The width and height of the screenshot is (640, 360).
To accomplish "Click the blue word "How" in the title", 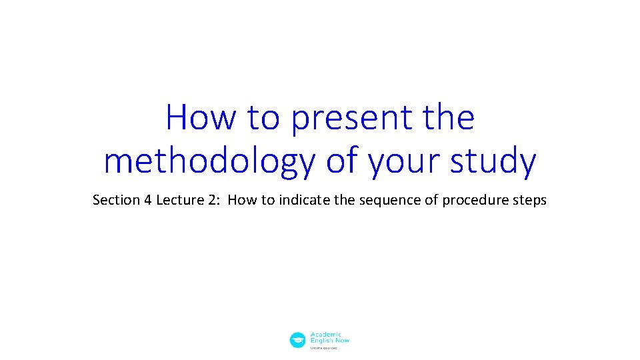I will pyautogui.click(x=201, y=118).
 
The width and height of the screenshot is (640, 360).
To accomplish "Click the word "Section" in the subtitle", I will pyautogui.click(x=116, y=200).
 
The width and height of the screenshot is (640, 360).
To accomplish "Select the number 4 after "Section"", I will pyautogui.click(x=147, y=200).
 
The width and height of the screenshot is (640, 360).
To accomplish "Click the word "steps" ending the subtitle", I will pyautogui.click(x=529, y=200).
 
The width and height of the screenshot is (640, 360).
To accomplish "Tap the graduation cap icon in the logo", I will pyautogui.click(x=297, y=340).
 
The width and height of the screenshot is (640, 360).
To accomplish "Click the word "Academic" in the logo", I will pyautogui.click(x=326, y=335).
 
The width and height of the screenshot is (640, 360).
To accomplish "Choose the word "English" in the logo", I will pyautogui.click(x=321, y=341).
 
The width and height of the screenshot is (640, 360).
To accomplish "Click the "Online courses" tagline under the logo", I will pyautogui.click(x=325, y=347).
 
